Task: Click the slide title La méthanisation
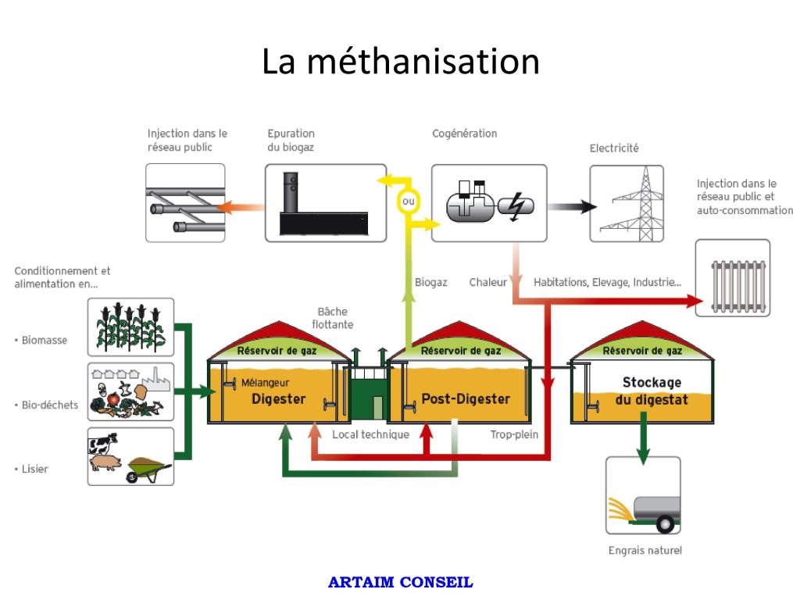click(x=400, y=62)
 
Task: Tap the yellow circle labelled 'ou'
click(x=408, y=203)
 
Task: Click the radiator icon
click(x=732, y=277)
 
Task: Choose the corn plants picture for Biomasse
click(x=130, y=327)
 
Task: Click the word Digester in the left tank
click(x=278, y=399)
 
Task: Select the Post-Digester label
click(x=466, y=399)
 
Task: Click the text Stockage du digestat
click(x=652, y=391)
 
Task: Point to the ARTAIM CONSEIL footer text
click(x=401, y=582)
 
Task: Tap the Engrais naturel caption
click(x=645, y=551)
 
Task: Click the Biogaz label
click(x=430, y=282)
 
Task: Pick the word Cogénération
click(x=464, y=134)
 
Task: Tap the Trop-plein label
click(x=514, y=434)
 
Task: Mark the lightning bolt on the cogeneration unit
click(x=514, y=206)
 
